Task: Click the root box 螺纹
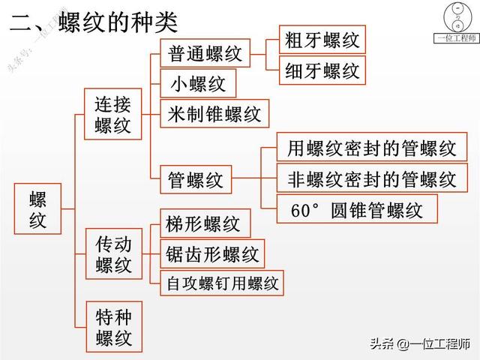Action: point(38,208)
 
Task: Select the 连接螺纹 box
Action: point(112,115)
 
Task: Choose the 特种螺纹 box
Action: point(113,327)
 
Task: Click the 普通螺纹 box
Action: point(205,53)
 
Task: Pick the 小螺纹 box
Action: point(198,82)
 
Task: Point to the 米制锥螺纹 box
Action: point(214,113)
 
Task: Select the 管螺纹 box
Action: point(196,180)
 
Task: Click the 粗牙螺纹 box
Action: point(322,39)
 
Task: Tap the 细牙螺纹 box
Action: point(322,70)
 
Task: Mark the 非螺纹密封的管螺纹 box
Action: point(371,179)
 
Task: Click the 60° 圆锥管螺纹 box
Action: point(355,209)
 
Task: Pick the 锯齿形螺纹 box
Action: point(212,253)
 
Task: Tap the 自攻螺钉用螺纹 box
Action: point(222,283)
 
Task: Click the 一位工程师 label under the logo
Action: point(457,39)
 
